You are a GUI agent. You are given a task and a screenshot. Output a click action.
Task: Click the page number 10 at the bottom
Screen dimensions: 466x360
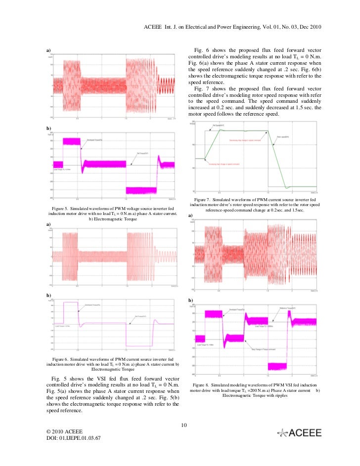click(183, 425)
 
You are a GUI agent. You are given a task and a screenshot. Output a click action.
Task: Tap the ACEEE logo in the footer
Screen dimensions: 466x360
click(300, 433)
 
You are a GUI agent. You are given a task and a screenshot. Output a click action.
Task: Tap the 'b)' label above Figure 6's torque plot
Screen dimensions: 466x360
click(49, 295)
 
